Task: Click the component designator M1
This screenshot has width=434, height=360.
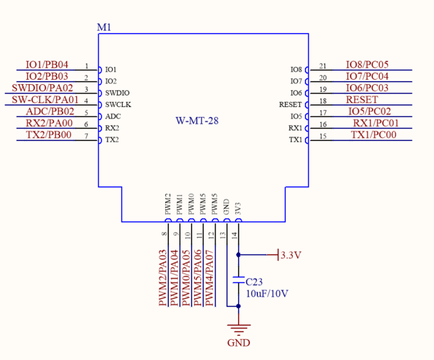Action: click(104, 27)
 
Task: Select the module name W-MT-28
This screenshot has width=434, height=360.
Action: click(197, 120)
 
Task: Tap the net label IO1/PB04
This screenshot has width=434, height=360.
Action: click(47, 65)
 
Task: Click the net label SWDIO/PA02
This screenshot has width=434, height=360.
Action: click(42, 89)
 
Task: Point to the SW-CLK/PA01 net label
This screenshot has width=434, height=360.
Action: click(45, 100)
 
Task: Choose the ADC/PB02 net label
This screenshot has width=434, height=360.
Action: click(50, 112)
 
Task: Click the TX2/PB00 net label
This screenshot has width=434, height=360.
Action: click(49, 135)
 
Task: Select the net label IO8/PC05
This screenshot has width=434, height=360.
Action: click(367, 65)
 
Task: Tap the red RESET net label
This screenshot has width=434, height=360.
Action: click(362, 100)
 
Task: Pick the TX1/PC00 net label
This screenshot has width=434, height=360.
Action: click(374, 135)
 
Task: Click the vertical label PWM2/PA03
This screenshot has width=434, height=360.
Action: click(163, 278)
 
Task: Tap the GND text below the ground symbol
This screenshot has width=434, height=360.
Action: click(239, 344)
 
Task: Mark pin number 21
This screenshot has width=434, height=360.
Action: click(323, 66)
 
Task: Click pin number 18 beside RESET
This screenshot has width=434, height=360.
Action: click(323, 101)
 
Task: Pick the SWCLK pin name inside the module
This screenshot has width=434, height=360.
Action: click(118, 104)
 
